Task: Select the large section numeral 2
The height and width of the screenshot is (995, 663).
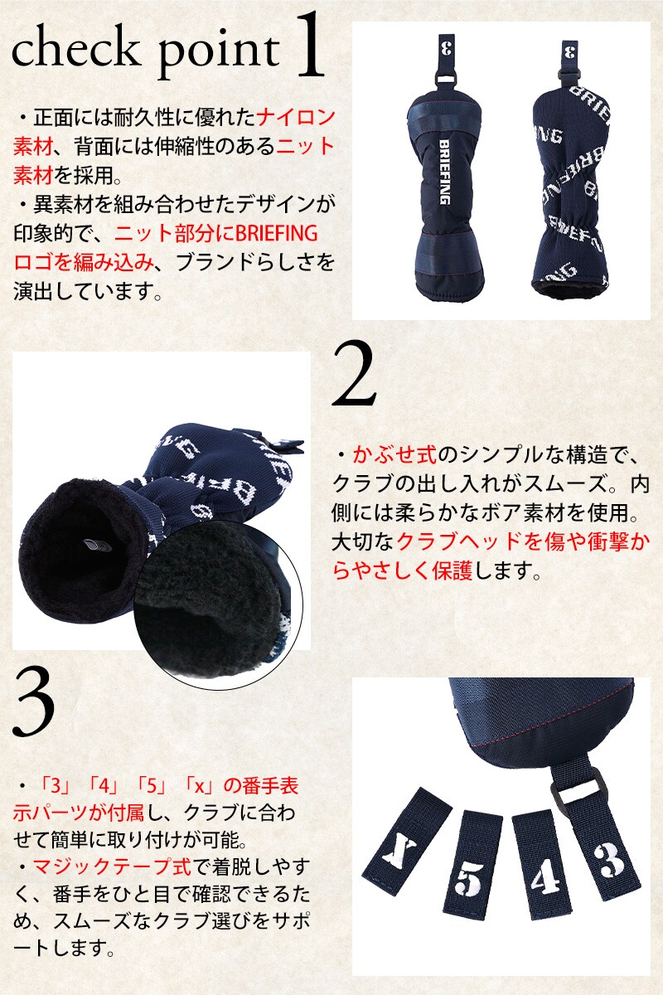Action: (355, 373)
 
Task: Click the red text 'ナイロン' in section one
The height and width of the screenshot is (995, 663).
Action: (296, 117)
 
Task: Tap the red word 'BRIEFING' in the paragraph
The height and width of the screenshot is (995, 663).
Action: (277, 233)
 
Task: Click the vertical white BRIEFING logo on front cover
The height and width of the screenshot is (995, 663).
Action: (444, 172)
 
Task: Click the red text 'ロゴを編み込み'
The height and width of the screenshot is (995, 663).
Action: (84, 263)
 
